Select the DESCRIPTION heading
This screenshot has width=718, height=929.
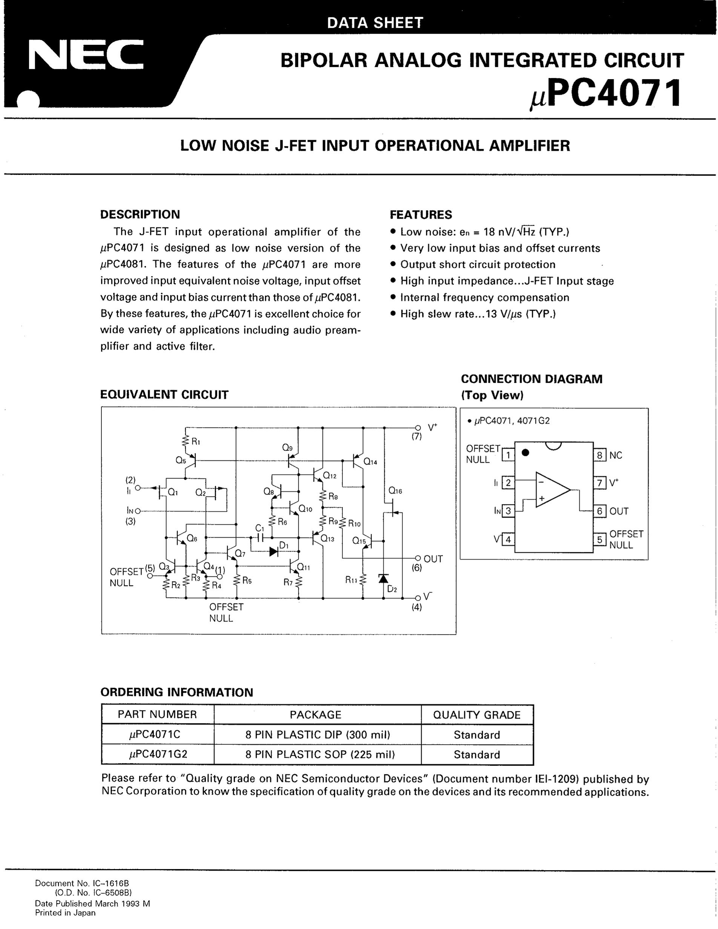tap(140, 215)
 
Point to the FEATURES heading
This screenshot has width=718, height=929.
tap(421, 215)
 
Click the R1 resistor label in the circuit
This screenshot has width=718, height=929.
tap(196, 442)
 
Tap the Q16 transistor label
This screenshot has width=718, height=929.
tap(395, 491)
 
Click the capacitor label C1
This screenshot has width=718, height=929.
tap(259, 528)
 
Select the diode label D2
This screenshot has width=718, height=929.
tap(392, 589)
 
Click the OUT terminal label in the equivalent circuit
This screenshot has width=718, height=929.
tap(433, 559)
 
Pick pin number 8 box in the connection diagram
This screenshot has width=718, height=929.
tap(599, 455)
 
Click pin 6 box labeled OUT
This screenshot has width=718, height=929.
tap(599, 511)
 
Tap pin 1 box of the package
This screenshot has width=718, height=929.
tap(508, 455)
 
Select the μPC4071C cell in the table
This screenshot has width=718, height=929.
tap(157, 734)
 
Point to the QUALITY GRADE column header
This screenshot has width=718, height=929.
tap(476, 714)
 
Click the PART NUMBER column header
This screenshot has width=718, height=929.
tap(157, 714)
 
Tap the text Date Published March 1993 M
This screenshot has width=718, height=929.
tap(92, 903)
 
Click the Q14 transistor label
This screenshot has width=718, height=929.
tap(370, 462)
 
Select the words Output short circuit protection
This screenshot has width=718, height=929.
tap(478, 265)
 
